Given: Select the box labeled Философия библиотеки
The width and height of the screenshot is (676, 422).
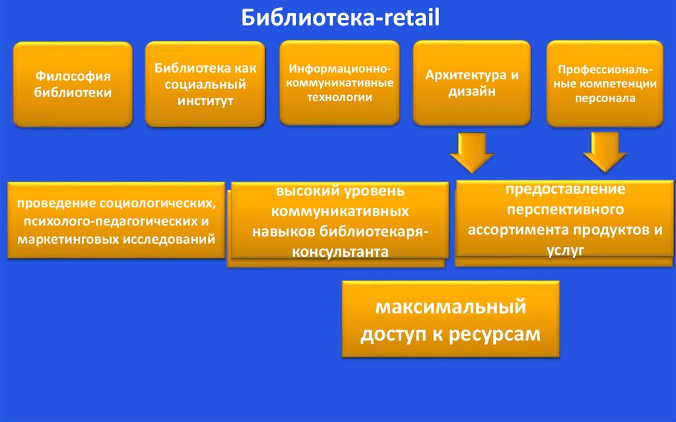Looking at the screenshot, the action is [x=73, y=84].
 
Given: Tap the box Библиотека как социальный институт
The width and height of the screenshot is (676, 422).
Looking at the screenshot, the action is [x=205, y=84].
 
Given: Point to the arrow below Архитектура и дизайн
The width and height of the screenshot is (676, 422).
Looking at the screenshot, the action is [x=472, y=152].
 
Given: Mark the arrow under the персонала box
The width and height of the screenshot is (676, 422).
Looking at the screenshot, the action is [x=605, y=152].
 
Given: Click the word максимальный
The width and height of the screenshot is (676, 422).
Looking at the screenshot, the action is [x=450, y=307].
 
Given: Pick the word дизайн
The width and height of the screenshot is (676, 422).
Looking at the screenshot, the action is [x=472, y=92].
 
